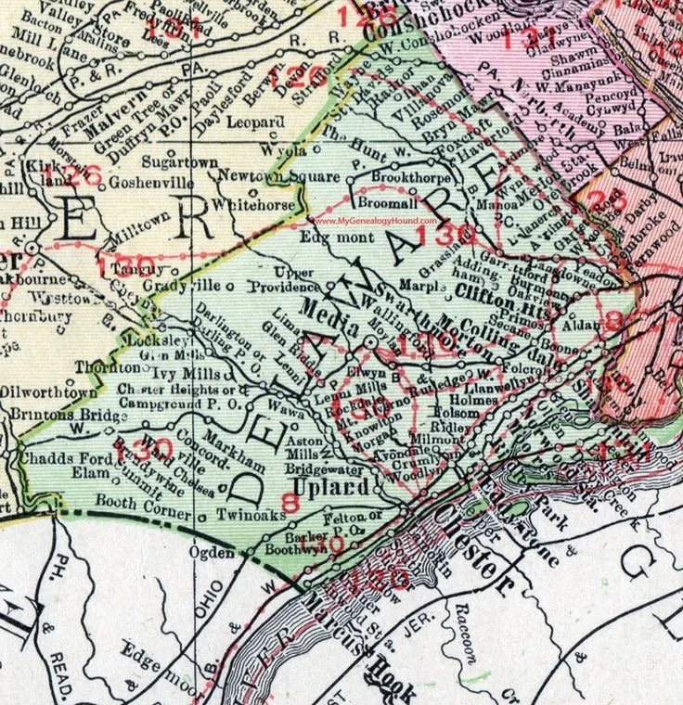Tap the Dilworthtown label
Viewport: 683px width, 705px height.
click(45, 391)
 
